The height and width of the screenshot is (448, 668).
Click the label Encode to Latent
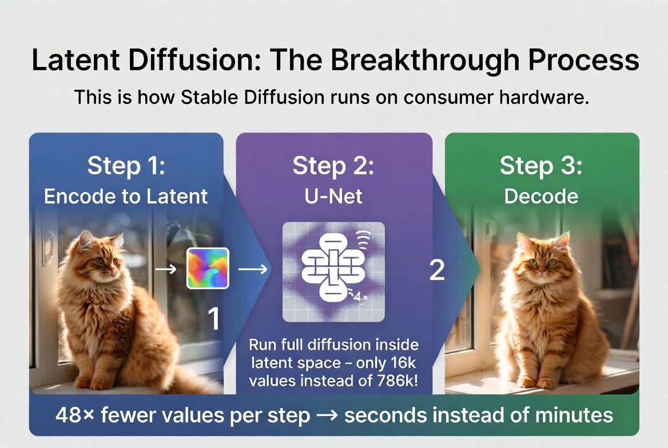[126, 197]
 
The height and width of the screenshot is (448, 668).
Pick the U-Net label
[334, 197]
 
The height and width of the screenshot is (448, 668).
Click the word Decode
[541, 197]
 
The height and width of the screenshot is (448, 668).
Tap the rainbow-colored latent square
[208, 268]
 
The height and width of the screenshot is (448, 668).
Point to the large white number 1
[213, 319]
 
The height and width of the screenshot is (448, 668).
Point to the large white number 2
[437, 270]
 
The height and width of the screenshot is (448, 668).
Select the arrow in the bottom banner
[327, 415]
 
